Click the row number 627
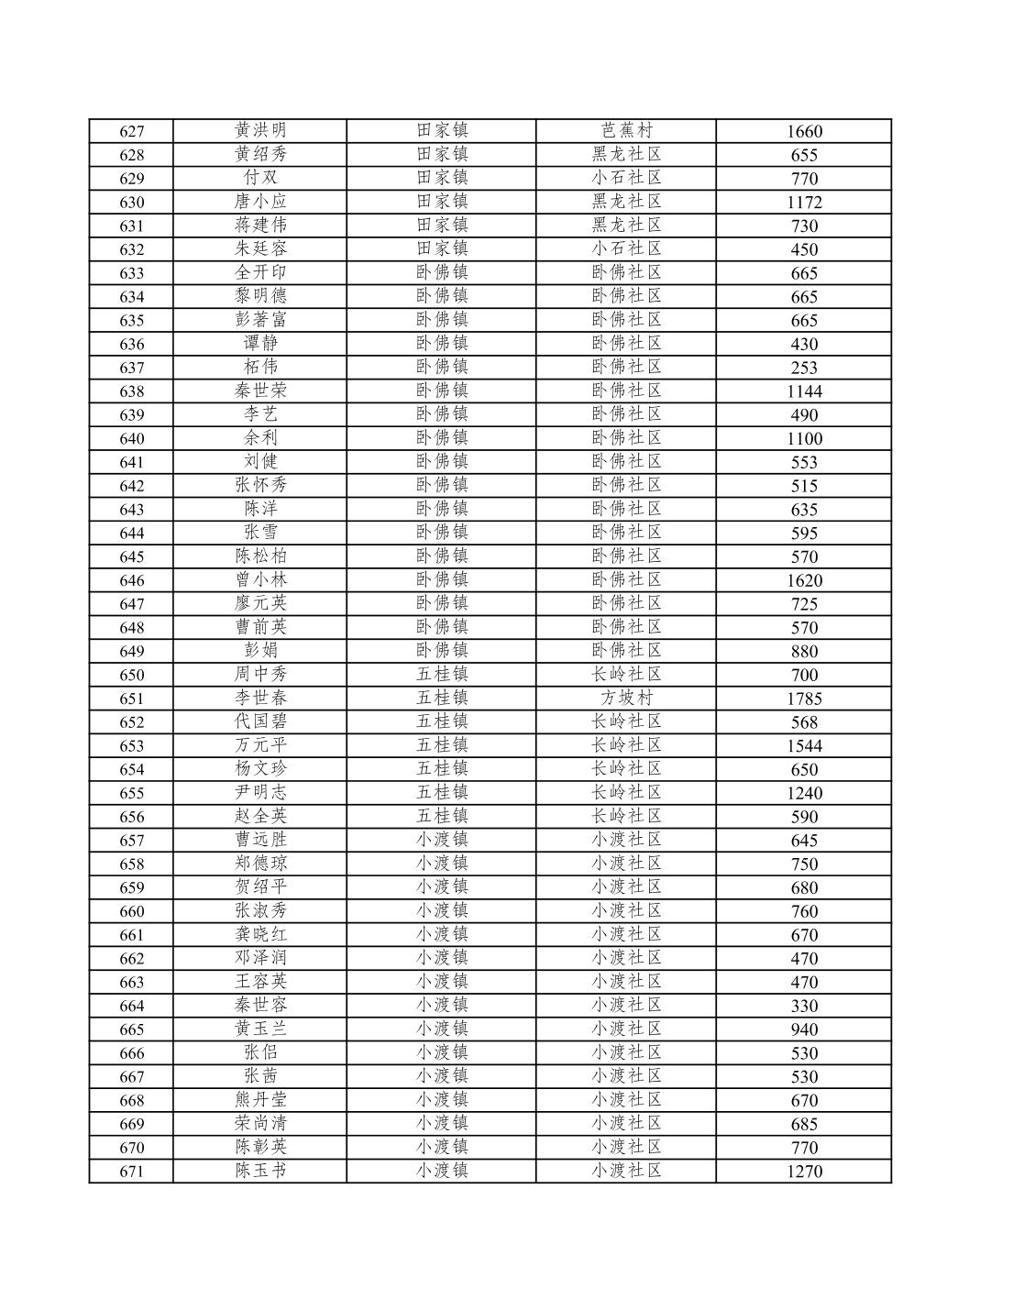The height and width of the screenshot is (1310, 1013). click(132, 131)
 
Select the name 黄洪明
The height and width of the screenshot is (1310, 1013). click(260, 130)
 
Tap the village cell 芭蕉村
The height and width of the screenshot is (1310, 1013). click(626, 130)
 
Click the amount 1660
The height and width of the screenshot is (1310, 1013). click(804, 131)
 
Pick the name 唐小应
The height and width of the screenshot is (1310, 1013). click(260, 201)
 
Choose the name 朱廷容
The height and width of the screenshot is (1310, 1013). click(260, 248)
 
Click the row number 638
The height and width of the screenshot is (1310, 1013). click(132, 391)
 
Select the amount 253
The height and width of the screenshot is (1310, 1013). click(804, 368)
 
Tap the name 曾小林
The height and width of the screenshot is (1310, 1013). click(260, 579)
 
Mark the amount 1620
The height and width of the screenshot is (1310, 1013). click(804, 580)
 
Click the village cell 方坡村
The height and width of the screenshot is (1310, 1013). click(626, 698)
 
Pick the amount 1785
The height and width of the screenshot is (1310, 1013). click(804, 699)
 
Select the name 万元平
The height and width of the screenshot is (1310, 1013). click(260, 744)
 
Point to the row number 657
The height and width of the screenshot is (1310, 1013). click(132, 841)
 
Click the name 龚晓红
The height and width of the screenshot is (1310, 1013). click(260, 934)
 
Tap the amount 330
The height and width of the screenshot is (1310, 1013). click(804, 1006)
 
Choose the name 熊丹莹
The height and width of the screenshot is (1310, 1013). click(260, 1099)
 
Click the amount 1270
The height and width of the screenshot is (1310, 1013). click(804, 1172)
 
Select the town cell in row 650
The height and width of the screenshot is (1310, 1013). click(442, 674)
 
